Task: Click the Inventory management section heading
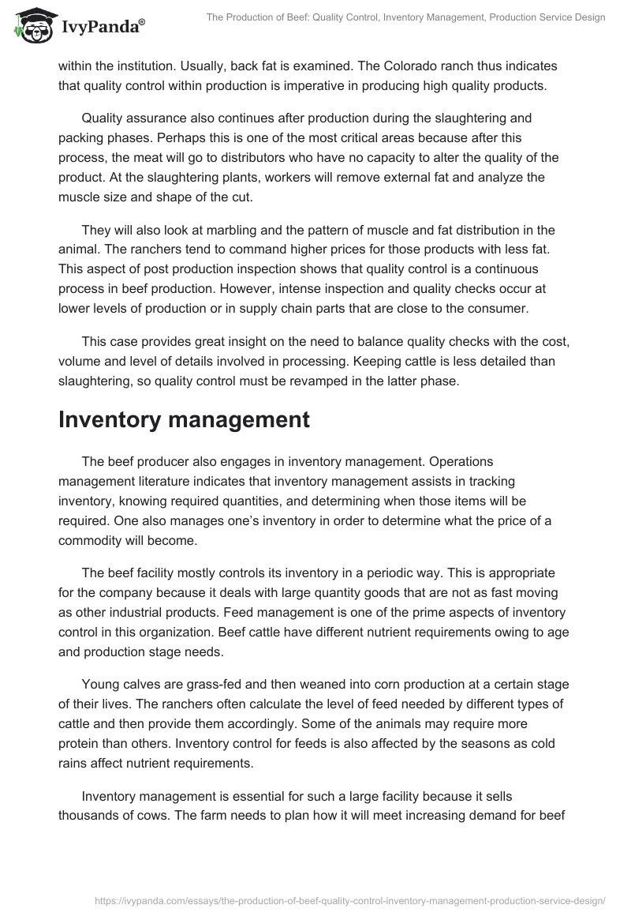[x=184, y=419]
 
